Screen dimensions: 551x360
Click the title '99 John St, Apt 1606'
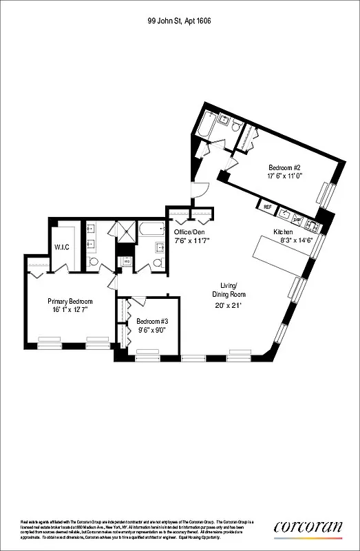(x=180, y=21)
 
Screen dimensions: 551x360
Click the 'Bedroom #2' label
(x=284, y=167)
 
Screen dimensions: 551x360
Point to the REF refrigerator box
(x=266, y=205)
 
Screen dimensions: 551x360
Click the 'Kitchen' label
(x=283, y=232)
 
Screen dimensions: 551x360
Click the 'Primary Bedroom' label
(x=70, y=301)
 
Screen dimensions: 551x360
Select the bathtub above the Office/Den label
(x=149, y=231)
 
